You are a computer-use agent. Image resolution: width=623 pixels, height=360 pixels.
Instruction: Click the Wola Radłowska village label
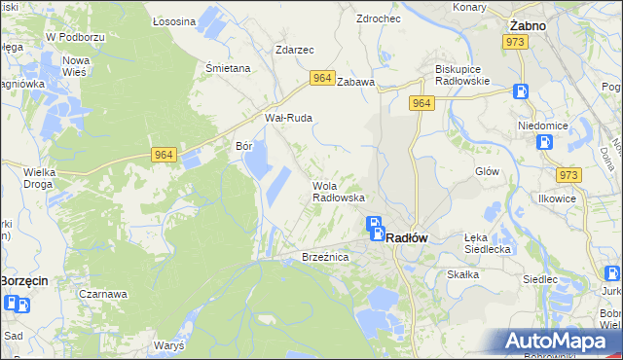[338, 192]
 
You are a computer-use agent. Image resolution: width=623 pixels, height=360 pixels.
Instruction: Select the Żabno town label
[527, 25]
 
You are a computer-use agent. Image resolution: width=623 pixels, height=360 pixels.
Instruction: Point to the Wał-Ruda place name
[288, 118]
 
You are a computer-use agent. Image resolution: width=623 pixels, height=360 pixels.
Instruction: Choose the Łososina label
[175, 20]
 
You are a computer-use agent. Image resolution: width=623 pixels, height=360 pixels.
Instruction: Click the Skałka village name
[462, 274]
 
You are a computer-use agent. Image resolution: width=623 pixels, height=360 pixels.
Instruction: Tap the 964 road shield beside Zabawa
[322, 77]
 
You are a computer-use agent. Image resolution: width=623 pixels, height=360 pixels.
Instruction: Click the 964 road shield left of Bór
[164, 154]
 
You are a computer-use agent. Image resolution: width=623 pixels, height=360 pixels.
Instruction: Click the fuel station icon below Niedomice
[545, 142]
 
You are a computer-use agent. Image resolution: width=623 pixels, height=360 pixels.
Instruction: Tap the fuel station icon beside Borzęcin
[17, 304]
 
